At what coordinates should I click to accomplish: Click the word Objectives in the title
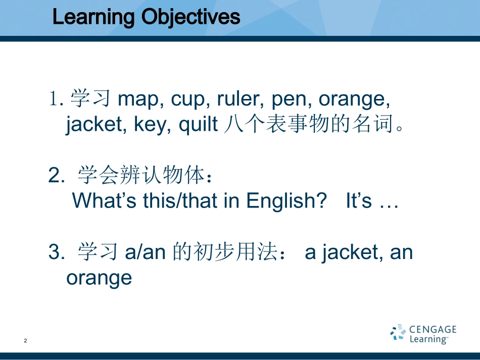[190, 17]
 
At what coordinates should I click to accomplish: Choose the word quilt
[198, 124]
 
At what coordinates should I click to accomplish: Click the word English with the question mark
[286, 201]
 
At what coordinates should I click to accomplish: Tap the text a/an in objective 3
[146, 252]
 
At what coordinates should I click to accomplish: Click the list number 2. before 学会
[57, 176]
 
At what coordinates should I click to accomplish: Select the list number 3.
[57, 252]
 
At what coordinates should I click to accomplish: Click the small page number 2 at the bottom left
[25, 341]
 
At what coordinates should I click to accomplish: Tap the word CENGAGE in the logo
[433, 329]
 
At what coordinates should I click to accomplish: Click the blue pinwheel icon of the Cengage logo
[398, 332]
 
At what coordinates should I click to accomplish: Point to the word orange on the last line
[99, 278]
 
